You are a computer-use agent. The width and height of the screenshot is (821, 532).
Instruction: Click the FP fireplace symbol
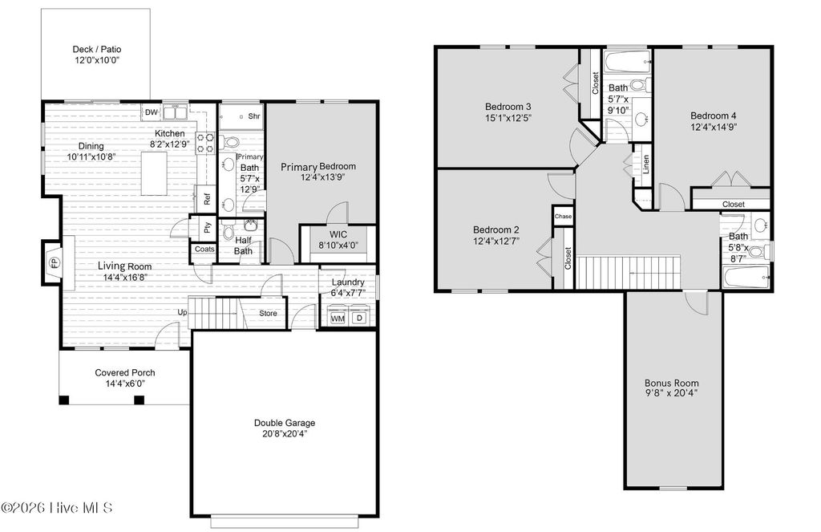(x=54, y=263)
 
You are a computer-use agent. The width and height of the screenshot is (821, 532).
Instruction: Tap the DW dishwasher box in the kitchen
(x=151, y=112)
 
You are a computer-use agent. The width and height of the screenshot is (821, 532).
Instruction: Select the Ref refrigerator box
(x=207, y=199)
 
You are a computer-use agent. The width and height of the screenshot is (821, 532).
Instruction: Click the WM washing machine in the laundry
(x=338, y=319)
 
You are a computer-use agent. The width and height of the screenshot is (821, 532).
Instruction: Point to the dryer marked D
(x=359, y=319)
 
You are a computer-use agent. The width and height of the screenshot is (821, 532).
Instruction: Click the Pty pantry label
(x=207, y=228)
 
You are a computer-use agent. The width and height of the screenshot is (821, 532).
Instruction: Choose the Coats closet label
(x=204, y=249)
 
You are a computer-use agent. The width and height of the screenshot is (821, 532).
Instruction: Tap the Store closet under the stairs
(x=268, y=314)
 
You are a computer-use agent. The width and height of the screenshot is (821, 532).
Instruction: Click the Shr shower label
(x=253, y=116)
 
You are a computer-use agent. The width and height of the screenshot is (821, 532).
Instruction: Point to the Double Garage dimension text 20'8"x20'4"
(x=284, y=433)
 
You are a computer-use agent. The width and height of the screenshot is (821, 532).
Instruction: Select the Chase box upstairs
(x=563, y=217)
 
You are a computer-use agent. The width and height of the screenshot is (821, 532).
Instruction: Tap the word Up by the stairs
(x=183, y=312)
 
